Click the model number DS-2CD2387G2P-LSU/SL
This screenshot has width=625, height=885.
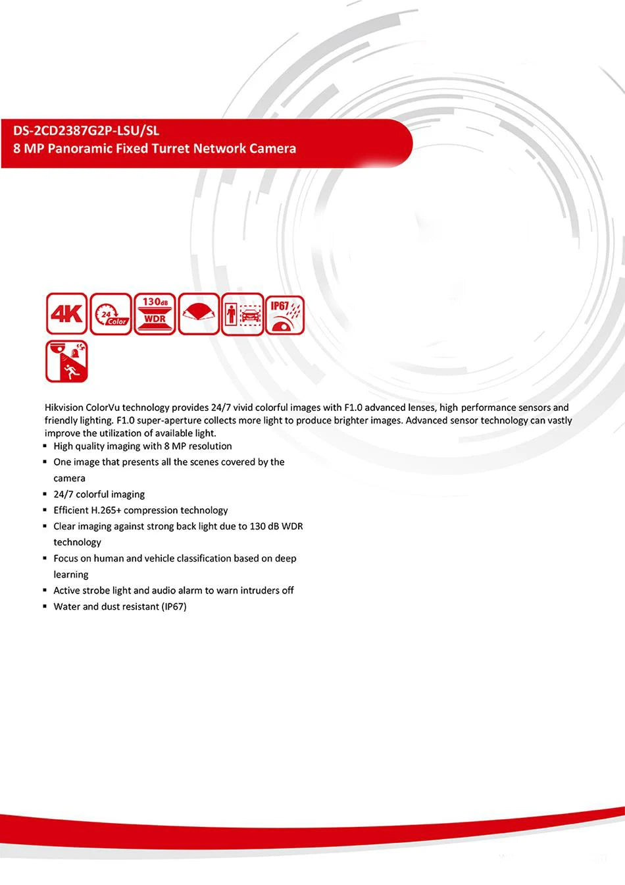[86, 130]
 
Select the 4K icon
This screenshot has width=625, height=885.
[66, 313]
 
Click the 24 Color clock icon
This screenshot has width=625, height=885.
[111, 313]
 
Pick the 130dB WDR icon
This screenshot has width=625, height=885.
[155, 313]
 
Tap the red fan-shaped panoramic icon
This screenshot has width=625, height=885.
[199, 313]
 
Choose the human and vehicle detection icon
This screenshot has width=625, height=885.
[242, 313]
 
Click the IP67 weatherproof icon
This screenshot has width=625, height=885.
[286, 313]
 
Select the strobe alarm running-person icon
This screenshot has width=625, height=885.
[66, 362]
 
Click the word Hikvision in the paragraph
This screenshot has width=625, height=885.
[64, 408]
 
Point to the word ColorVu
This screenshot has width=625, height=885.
[103, 408]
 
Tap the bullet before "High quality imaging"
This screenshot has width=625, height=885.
[46, 446]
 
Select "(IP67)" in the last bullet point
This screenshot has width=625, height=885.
[174, 606]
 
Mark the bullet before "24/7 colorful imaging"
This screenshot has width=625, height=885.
[46, 495]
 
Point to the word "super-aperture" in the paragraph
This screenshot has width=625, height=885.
[169, 421]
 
